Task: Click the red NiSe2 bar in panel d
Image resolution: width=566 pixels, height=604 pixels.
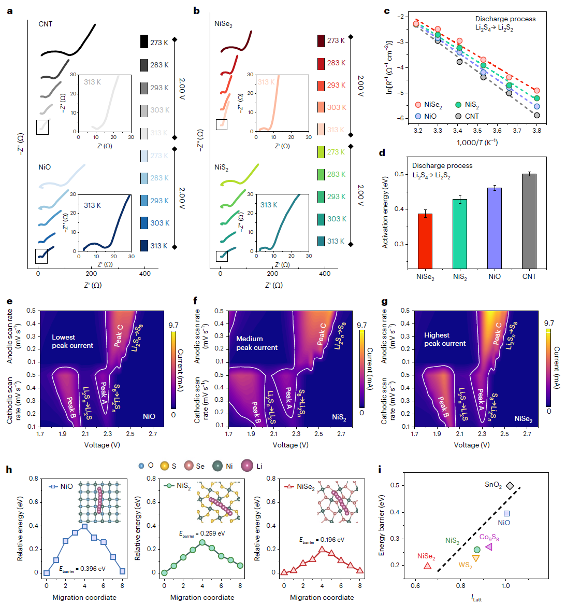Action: pos(425,241)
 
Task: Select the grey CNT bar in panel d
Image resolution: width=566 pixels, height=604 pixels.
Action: pos(529,221)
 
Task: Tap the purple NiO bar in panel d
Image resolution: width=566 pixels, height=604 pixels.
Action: pos(495,228)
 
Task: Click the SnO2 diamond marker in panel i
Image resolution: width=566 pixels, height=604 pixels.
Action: pos(510,486)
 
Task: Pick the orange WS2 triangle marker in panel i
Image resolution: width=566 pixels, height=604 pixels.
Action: pos(476,558)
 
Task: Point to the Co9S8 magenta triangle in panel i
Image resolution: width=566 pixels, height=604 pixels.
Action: pos(489,547)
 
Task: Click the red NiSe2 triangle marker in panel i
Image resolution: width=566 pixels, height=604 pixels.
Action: pos(427,566)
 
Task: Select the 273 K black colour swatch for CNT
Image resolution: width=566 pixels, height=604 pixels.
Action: pos(144,42)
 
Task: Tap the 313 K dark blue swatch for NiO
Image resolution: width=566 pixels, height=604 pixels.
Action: pos(144,246)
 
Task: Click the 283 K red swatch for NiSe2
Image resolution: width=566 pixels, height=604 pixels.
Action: pos(321,63)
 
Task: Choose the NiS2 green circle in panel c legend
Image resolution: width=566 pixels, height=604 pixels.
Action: pos(458,105)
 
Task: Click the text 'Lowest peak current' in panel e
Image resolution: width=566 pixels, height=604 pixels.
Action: pos(72,341)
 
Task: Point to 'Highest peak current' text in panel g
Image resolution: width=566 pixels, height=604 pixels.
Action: pos(445,339)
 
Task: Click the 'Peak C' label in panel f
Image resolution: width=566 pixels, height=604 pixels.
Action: pos(322,334)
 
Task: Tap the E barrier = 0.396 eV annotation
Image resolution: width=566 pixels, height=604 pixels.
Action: pos(82,569)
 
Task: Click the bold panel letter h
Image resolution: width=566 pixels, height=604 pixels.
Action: pos(9,469)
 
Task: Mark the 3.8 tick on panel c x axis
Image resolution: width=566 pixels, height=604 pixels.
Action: pos(536,131)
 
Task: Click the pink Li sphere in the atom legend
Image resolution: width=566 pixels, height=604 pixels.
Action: pos(247,466)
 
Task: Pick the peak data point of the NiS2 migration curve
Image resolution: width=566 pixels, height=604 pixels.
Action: pos(202,542)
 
